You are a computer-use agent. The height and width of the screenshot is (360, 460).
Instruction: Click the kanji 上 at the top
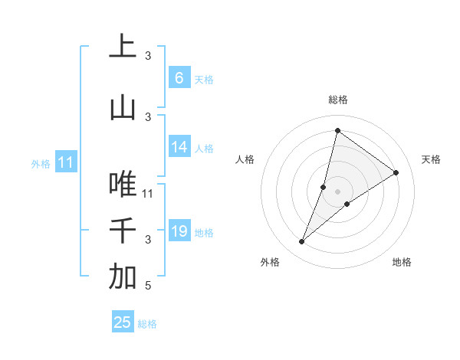pyautogui.click(x=123, y=46)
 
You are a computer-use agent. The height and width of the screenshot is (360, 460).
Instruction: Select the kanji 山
pyautogui.click(x=123, y=108)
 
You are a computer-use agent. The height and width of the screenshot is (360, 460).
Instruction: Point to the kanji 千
pyautogui.click(x=123, y=230)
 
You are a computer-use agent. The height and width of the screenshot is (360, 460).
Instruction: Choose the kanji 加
pyautogui.click(x=123, y=277)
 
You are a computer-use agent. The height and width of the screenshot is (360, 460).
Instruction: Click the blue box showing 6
pyautogui.click(x=179, y=77)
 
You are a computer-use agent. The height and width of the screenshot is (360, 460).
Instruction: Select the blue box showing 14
pyautogui.click(x=179, y=147)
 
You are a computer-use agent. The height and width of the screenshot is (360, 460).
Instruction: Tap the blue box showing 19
pyautogui.click(x=179, y=231)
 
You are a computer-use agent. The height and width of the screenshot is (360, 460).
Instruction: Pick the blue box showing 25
pyautogui.click(x=123, y=322)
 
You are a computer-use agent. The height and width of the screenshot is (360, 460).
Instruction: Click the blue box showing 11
pyautogui.click(x=65, y=162)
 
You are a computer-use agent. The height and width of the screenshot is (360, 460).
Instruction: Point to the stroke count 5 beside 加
pyautogui.click(x=148, y=286)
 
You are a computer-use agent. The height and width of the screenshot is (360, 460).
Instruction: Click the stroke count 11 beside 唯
pyautogui.click(x=148, y=193)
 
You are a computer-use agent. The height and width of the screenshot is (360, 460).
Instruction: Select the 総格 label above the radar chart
pyautogui.click(x=337, y=100)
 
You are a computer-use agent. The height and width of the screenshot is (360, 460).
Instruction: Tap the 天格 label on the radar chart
pyautogui.click(x=431, y=159)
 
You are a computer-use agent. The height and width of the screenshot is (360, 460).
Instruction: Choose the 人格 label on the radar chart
pyautogui.click(x=245, y=159)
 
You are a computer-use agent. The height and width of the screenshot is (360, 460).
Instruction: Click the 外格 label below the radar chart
pyautogui.click(x=270, y=262)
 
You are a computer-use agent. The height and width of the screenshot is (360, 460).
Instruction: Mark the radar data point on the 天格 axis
pyautogui.click(x=396, y=172)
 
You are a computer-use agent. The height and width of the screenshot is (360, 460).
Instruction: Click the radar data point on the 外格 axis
pyautogui.click(x=302, y=242)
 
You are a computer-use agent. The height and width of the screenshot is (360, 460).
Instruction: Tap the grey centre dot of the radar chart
pyautogui.click(x=337, y=191)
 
